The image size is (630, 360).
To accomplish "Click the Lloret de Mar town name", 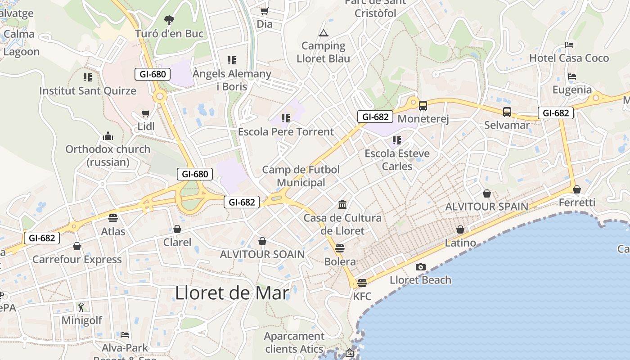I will tap(232, 293).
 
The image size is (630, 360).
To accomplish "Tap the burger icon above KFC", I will tap(362, 283).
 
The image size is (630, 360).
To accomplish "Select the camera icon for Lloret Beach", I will tap(420, 267).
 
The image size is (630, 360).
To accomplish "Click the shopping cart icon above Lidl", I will tap(145, 114).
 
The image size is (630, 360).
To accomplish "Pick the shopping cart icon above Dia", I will tap(264, 11).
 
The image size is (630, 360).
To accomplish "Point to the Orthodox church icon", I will tap(108, 136).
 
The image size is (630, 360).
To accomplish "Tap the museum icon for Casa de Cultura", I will tap(342, 205).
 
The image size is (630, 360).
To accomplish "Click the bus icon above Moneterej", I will tap(423, 106).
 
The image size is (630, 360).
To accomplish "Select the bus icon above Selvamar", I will tap(507, 112).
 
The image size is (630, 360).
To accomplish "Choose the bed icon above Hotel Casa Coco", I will tap(569, 45).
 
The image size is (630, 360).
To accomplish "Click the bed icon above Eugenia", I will tap(572, 76).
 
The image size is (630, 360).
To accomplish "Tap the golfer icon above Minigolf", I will tap(81, 307).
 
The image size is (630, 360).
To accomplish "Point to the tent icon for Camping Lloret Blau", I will tap(323, 33).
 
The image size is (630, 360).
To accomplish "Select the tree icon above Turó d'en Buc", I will tap(169, 20).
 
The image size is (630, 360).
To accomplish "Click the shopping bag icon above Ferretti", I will tap(576, 189).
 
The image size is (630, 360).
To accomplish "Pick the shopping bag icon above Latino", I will tap(460, 230).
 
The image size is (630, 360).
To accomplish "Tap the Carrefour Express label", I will tap(77, 260).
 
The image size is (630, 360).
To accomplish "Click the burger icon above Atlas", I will tap(113, 218).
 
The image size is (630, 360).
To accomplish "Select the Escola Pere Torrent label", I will tap(286, 132).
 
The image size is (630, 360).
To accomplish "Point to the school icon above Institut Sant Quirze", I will tap(88, 77).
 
